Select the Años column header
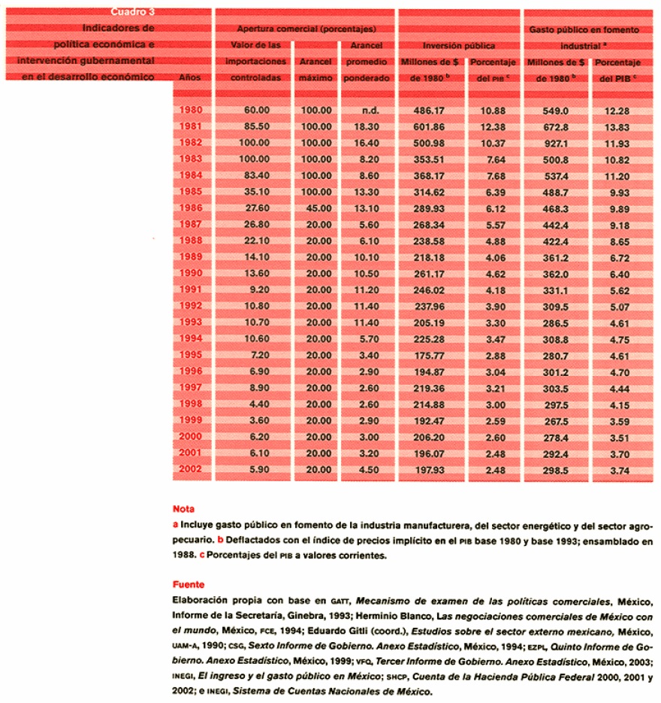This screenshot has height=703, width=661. point(192,77)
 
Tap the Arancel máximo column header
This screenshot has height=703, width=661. point(315,69)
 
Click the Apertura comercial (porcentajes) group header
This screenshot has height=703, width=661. point(305,29)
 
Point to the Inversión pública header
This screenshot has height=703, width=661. point(458,45)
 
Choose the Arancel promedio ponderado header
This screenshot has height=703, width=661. point(367,61)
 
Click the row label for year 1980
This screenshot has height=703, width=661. point(192,111)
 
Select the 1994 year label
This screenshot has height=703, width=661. point(192,338)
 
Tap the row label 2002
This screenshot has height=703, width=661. point(192,470)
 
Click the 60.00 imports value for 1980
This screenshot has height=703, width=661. point(256,111)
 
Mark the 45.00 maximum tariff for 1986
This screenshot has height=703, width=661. point(316,208)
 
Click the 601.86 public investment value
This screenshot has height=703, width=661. point(430,126)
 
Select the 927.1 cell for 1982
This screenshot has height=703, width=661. point(556,143)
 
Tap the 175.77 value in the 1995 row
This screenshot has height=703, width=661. point(430,355)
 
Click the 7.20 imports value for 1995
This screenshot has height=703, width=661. point(257,355)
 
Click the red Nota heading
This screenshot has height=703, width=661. point(184,508)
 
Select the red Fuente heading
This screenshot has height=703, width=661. point(189,583)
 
